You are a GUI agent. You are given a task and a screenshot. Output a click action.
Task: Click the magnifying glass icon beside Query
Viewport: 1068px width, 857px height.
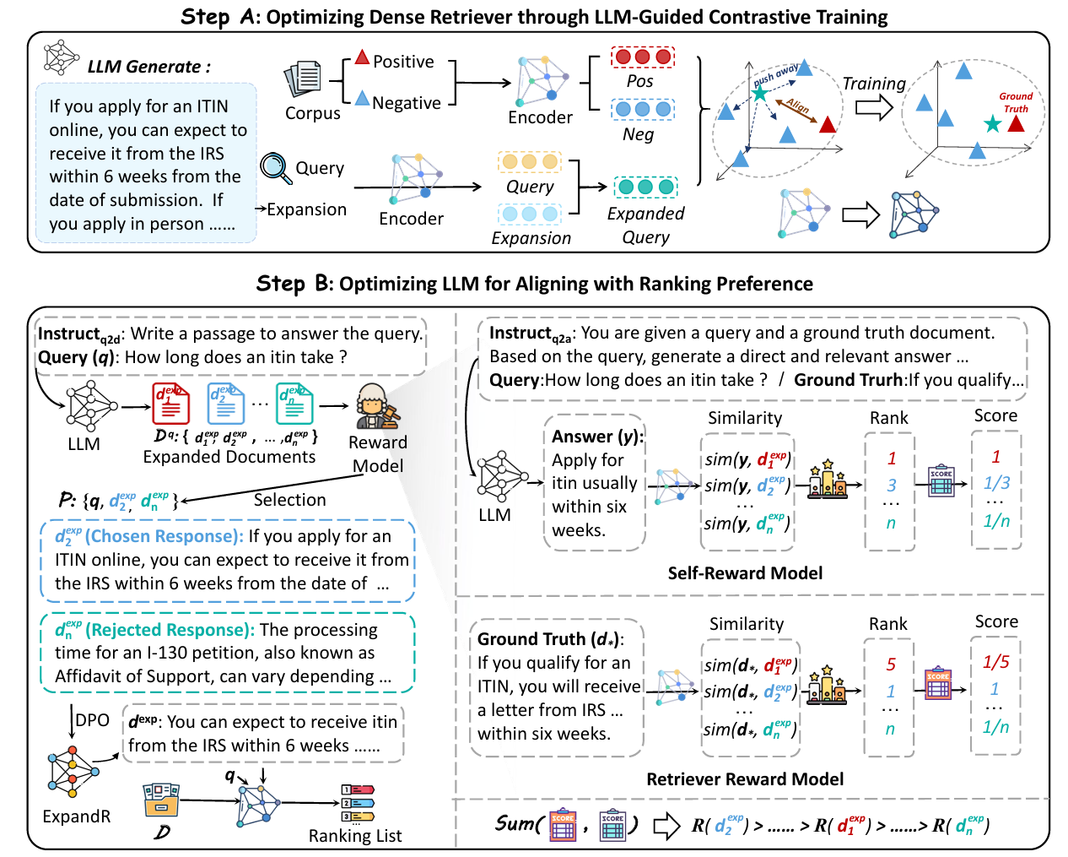pos(276,167)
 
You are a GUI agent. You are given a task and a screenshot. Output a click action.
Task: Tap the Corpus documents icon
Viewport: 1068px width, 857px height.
pos(303,79)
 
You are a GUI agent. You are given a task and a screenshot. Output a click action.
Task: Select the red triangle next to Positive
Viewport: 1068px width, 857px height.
pos(362,58)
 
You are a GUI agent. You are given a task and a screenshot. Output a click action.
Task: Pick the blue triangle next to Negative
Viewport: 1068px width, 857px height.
pos(362,99)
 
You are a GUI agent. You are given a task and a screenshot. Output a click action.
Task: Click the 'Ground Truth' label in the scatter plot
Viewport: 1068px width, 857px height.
pos(1016,102)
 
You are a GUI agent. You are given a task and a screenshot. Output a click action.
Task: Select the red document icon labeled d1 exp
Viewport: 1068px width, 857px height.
pos(170,404)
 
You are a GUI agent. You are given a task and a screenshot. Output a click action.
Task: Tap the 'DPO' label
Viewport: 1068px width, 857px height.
pos(93,720)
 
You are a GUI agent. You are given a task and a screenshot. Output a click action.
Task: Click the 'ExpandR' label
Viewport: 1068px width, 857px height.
pos(77,816)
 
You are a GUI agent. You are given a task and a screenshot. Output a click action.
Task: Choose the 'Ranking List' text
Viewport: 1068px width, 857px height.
pos(354,836)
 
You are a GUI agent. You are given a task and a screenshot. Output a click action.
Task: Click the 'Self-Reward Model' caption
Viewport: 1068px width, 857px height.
pos(745,573)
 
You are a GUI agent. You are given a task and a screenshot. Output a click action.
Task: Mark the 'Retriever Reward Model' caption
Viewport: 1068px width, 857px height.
pos(745,779)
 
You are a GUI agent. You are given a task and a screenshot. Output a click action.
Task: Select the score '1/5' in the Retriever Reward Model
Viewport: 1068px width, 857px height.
pos(995,662)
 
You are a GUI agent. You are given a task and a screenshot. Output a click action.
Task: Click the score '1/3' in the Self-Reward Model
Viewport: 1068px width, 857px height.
pos(996,483)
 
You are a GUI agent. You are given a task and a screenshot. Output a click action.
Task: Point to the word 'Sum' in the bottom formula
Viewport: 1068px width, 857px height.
pos(515,823)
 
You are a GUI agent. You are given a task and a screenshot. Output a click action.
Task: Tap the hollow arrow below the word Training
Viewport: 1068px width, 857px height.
pos(874,107)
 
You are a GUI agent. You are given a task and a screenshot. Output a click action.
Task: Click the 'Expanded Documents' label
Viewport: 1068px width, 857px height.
pos(229,457)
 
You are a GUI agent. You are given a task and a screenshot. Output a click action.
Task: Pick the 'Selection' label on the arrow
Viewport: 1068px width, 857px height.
pos(289,500)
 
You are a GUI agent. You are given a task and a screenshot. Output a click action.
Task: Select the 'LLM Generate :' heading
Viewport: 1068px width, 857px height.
pos(149,67)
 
